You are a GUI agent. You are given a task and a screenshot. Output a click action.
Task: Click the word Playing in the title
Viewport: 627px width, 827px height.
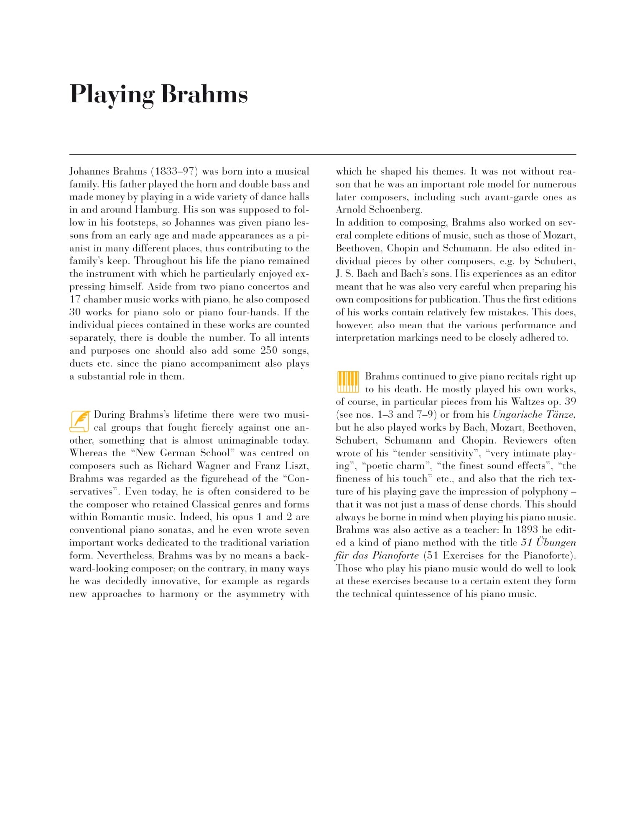pyautogui.click(x=112, y=94)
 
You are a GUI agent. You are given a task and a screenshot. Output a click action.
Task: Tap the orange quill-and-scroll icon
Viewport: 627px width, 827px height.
pyautogui.click(x=79, y=421)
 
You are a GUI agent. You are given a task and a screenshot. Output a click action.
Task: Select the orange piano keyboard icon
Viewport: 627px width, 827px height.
pyautogui.click(x=348, y=382)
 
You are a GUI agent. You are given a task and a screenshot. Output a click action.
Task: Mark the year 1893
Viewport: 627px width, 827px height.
pyautogui.click(x=527, y=530)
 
